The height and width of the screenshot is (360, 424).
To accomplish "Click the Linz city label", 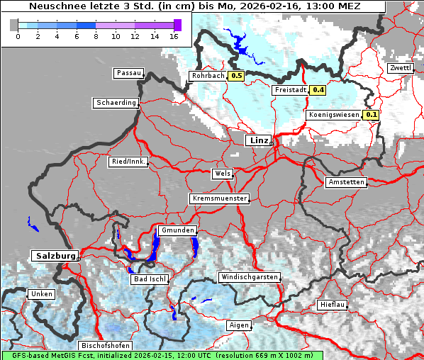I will click(x=258, y=140).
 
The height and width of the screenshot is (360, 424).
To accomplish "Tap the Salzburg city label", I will click(x=54, y=255).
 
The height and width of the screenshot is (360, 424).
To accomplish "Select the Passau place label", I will click(x=128, y=73).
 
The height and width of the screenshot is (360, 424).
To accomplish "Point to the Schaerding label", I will click(x=116, y=103).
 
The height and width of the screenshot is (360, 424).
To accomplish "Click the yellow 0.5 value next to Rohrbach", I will click(x=237, y=76).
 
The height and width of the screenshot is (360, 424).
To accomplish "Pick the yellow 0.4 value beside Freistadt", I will click(x=318, y=90).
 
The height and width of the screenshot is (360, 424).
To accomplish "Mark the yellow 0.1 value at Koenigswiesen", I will click(x=372, y=115).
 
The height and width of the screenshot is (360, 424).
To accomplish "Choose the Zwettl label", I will click(x=401, y=68).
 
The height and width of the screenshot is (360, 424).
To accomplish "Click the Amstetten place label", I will click(x=346, y=182).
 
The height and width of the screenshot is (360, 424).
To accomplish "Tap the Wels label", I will click(x=222, y=174).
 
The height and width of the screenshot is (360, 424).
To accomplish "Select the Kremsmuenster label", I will click(x=220, y=198).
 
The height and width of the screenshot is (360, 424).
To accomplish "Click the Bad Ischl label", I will click(x=150, y=279).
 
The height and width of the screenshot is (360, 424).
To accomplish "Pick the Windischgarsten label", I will click(x=249, y=277).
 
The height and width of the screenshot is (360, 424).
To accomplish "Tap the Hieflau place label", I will click(x=333, y=305).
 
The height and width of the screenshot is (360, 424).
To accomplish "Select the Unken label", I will click(x=40, y=294).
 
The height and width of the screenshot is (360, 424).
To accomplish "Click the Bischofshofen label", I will click(x=105, y=346).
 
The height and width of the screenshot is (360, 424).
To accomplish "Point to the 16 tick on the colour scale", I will click(x=174, y=35).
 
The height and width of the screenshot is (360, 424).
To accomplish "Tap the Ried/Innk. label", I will click(x=128, y=162).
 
